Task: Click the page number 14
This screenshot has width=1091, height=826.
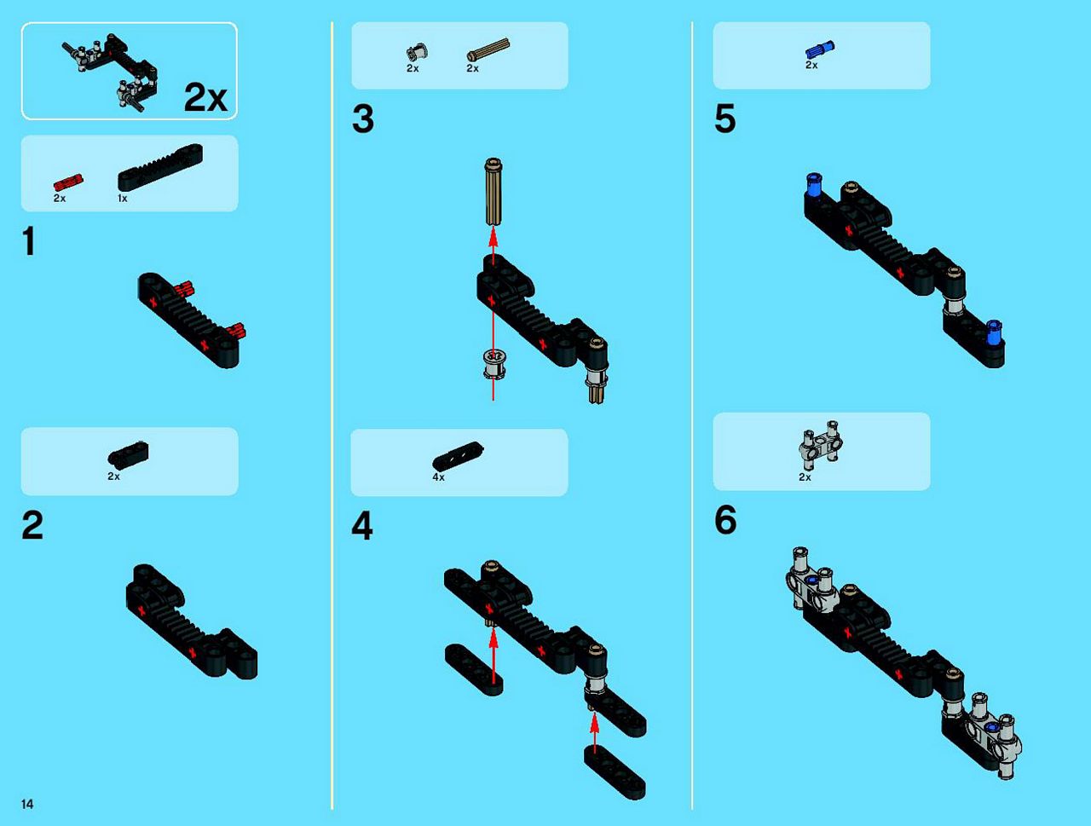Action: click(27, 804)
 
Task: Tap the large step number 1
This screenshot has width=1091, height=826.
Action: click(29, 241)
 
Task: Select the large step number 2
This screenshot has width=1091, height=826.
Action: click(32, 525)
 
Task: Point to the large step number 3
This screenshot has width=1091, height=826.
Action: click(363, 119)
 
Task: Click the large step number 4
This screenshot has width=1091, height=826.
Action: click(362, 526)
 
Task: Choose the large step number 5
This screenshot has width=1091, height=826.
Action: click(724, 119)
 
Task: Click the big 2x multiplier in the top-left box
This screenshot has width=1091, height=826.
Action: click(205, 97)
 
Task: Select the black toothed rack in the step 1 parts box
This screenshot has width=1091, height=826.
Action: click(160, 167)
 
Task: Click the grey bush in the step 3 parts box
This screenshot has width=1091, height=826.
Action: click(417, 53)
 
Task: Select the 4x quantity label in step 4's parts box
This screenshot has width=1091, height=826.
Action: click(438, 477)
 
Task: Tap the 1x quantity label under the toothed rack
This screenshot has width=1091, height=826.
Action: click(122, 199)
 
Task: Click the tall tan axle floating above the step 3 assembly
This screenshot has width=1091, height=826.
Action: click(493, 192)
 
